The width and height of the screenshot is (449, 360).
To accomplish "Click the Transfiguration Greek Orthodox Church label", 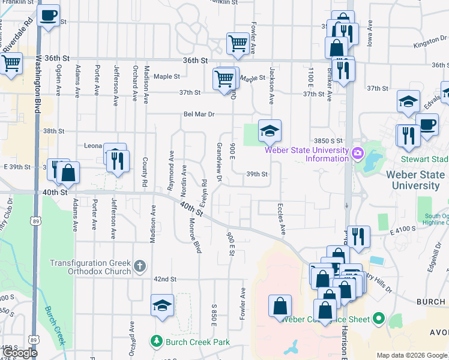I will click(90, 267).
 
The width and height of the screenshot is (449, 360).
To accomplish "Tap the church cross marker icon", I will click(139, 265).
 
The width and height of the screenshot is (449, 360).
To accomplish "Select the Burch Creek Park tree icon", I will click(157, 341).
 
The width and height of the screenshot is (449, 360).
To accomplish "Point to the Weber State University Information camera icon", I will click(358, 154).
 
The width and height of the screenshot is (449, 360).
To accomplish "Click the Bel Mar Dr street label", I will click(199, 114).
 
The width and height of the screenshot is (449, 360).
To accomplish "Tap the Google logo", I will click(20, 353).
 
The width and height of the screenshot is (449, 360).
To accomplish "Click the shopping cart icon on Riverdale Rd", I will click(11, 63).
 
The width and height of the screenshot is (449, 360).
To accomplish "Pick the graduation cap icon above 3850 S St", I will click(270, 130).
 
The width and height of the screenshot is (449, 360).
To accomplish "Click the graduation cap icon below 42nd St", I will click(162, 305).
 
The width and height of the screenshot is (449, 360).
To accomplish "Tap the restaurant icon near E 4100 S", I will click(358, 235).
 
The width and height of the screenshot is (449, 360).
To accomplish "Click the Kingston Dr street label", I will click(429, 44).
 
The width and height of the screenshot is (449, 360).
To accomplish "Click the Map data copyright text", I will click(412, 355).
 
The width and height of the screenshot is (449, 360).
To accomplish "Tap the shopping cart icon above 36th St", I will click(238, 43).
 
